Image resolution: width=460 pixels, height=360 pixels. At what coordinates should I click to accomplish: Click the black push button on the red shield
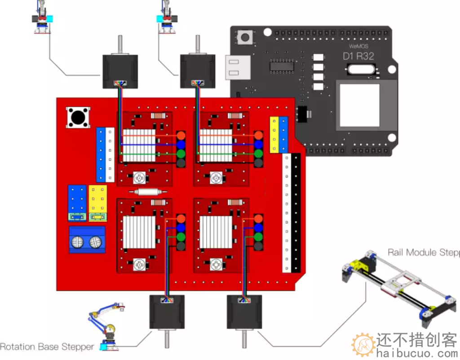tap(78, 117)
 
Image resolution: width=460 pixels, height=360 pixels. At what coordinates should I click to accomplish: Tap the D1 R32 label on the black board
tap(358, 57)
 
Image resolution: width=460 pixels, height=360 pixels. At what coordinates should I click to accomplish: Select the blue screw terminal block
tap(87, 240)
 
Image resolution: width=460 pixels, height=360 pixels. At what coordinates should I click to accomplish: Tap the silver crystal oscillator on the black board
tap(362, 70)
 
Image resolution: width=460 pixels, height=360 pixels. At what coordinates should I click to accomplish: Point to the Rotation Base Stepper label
tap(47, 347)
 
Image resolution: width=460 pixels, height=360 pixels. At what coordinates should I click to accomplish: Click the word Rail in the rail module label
tap(396, 252)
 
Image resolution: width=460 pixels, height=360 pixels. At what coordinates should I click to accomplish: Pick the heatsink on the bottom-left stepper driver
tap(139, 232)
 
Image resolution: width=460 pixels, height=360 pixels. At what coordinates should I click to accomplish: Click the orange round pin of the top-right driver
tap(258, 135)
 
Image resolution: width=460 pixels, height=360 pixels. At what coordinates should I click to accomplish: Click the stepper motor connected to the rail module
tap(244, 312)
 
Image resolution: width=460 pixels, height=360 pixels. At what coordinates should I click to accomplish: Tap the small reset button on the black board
tap(245, 37)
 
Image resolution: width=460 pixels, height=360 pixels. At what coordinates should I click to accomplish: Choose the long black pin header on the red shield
tap(296, 213)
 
